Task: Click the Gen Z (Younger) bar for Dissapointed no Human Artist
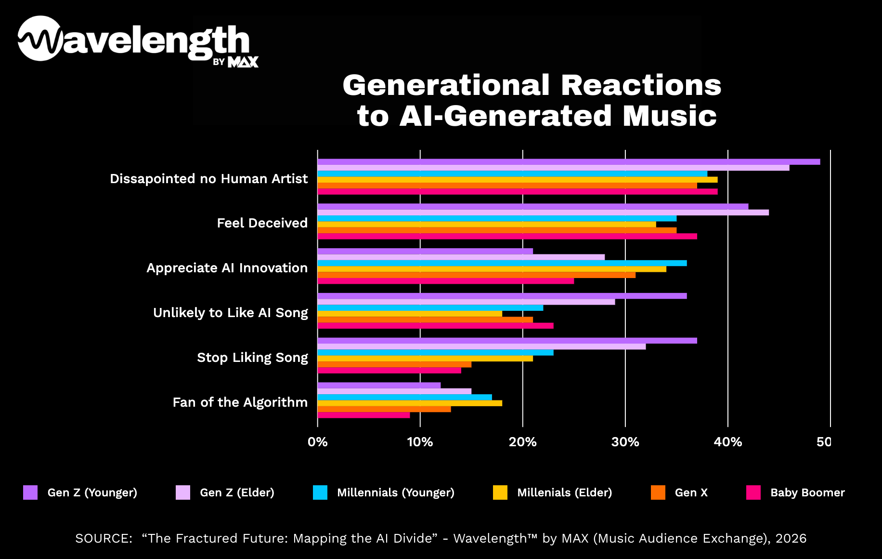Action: (x=568, y=162)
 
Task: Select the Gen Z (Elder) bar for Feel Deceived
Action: (x=543, y=213)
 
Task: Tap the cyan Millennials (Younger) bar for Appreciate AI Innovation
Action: (x=502, y=263)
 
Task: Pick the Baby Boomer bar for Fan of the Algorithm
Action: (x=363, y=415)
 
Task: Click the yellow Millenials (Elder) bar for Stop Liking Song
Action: (x=425, y=359)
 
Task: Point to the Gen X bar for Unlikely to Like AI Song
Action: (x=425, y=319)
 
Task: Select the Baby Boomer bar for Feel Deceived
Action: (x=507, y=236)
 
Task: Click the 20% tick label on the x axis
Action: (x=522, y=442)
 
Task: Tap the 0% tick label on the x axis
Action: (x=317, y=442)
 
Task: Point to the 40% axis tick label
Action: (x=727, y=442)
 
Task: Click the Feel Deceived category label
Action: (x=262, y=223)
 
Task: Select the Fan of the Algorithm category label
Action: (x=240, y=402)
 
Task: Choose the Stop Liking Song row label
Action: (x=252, y=358)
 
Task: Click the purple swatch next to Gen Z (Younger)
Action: (x=30, y=492)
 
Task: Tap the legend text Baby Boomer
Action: (x=807, y=492)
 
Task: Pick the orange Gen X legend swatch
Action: (x=658, y=492)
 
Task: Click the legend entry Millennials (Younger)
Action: (x=395, y=492)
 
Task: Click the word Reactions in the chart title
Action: (x=641, y=85)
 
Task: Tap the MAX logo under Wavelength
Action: (x=243, y=62)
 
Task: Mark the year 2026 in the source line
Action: (x=791, y=538)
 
